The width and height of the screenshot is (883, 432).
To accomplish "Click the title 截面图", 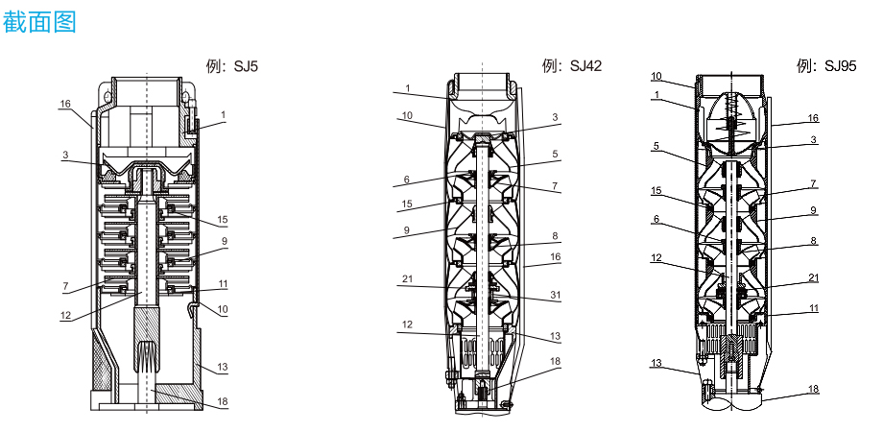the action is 39,22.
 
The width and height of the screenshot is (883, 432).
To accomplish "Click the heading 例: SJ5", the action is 232,66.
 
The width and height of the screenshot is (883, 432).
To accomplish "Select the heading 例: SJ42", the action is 572,66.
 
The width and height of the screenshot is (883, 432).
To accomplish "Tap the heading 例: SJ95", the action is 826,66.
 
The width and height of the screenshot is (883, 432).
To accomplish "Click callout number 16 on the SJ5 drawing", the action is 66,104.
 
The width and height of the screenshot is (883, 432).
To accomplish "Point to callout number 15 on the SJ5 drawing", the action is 223,220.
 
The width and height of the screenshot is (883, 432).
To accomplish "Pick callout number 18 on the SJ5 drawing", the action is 223,401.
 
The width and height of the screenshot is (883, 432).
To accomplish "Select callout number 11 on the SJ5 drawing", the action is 224,284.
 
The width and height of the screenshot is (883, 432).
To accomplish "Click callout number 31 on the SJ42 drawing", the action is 556,295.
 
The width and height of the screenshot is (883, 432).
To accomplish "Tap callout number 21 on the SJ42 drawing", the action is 407,278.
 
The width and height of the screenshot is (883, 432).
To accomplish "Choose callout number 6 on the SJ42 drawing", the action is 407,180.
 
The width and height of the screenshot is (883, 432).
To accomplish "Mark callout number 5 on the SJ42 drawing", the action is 556,154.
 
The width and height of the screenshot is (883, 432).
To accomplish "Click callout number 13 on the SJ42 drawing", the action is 556,337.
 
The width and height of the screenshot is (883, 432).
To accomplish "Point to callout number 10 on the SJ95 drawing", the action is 656,76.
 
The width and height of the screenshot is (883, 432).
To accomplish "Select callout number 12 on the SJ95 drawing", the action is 656,258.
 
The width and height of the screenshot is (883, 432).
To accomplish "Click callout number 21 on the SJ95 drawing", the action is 813,278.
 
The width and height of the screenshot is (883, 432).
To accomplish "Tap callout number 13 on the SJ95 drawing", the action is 656,363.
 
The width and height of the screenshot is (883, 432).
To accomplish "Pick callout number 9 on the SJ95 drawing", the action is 813,210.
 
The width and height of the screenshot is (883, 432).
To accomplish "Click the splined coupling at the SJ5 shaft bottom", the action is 147,355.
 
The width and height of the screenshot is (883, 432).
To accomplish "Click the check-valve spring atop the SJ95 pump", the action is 731,118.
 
